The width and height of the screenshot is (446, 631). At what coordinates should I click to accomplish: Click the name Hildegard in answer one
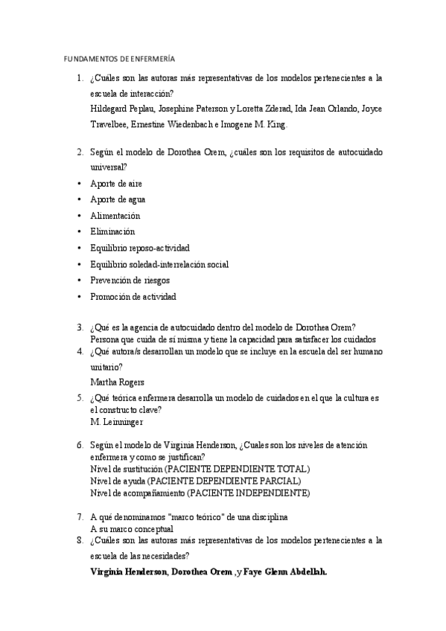click(109, 109)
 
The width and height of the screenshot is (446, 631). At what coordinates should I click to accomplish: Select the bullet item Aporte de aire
click(115, 183)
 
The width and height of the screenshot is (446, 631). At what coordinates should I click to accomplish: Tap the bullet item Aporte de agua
click(117, 199)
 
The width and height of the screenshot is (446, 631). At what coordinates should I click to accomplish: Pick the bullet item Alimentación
click(115, 216)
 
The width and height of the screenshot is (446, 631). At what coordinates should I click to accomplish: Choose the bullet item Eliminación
click(112, 231)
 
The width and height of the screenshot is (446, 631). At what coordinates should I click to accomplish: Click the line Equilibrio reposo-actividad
click(139, 248)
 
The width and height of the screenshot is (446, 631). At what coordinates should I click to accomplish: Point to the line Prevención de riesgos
click(130, 281)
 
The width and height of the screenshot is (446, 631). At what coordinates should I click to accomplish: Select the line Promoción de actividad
click(133, 297)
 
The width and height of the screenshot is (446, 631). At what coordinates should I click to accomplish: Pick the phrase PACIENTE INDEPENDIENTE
click(248, 493)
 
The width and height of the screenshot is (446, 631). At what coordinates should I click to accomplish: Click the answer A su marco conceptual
click(131, 528)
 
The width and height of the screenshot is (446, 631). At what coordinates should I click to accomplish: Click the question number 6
click(80, 445)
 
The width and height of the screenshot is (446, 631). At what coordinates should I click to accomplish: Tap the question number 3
click(80, 327)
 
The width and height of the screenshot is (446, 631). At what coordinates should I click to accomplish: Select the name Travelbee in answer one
click(109, 124)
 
